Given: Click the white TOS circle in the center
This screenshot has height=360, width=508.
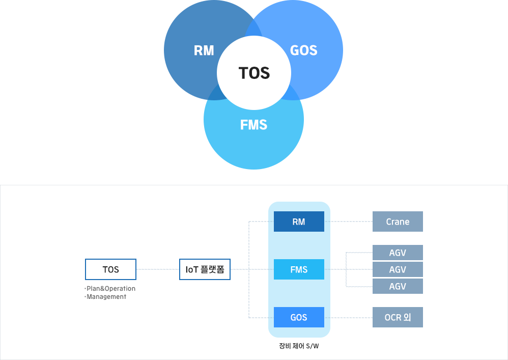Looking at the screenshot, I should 254,73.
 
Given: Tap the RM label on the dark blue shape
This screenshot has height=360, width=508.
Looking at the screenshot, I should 204,50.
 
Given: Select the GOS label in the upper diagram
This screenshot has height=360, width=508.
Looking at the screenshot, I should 303,50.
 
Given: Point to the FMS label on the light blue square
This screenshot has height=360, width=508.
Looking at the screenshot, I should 253,125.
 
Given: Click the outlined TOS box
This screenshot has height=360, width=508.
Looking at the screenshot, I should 110,269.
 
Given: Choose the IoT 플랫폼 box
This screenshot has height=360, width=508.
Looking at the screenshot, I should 205,269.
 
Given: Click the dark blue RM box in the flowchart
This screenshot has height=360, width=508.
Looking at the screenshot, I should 299,221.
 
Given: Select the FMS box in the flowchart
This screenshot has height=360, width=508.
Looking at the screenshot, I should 299,269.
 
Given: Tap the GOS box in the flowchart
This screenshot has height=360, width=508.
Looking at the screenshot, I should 299,317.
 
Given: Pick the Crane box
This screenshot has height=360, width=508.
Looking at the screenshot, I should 398,221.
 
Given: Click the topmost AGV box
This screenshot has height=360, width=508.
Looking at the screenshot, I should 398,253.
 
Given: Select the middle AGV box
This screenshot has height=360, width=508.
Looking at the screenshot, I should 398,269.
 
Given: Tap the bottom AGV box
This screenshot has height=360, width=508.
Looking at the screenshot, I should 398,286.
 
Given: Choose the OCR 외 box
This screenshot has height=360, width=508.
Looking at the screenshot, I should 398,317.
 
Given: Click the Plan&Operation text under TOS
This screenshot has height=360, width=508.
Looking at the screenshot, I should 111,289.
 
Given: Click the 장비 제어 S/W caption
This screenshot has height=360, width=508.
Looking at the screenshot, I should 299,346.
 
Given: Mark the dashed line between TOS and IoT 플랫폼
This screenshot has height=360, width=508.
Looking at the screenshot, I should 158,269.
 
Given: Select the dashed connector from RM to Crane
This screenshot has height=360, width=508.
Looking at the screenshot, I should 348,221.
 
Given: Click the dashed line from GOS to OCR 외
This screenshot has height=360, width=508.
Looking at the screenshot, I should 348,317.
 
